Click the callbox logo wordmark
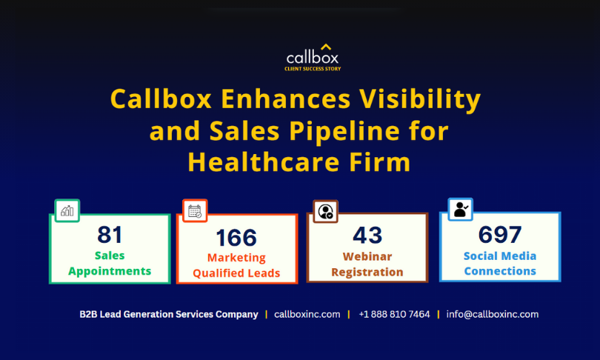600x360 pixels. pos(313,57)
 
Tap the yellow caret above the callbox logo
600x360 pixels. pos(326,47)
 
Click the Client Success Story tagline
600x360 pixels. pos(313,69)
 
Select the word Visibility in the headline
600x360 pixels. pos(420,100)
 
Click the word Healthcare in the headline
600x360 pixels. pos(264,161)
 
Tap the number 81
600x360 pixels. pos(110,235)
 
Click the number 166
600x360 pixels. pos(236,238)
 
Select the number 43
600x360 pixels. pos(367,235)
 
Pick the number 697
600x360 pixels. pos(500,234)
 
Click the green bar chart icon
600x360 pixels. pos(67,210)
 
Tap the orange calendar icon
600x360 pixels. pos(195,211)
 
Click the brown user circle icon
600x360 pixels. pos(326,211)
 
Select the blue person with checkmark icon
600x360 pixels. pos(461,210)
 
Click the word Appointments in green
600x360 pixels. pos(110,271)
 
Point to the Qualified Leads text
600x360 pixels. pos(236,273)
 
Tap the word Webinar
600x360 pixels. pos(367,256)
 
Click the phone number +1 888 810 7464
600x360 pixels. pos(395,315)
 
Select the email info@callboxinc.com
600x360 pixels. pos(493,315)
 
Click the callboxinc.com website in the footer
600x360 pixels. pos(307,315)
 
